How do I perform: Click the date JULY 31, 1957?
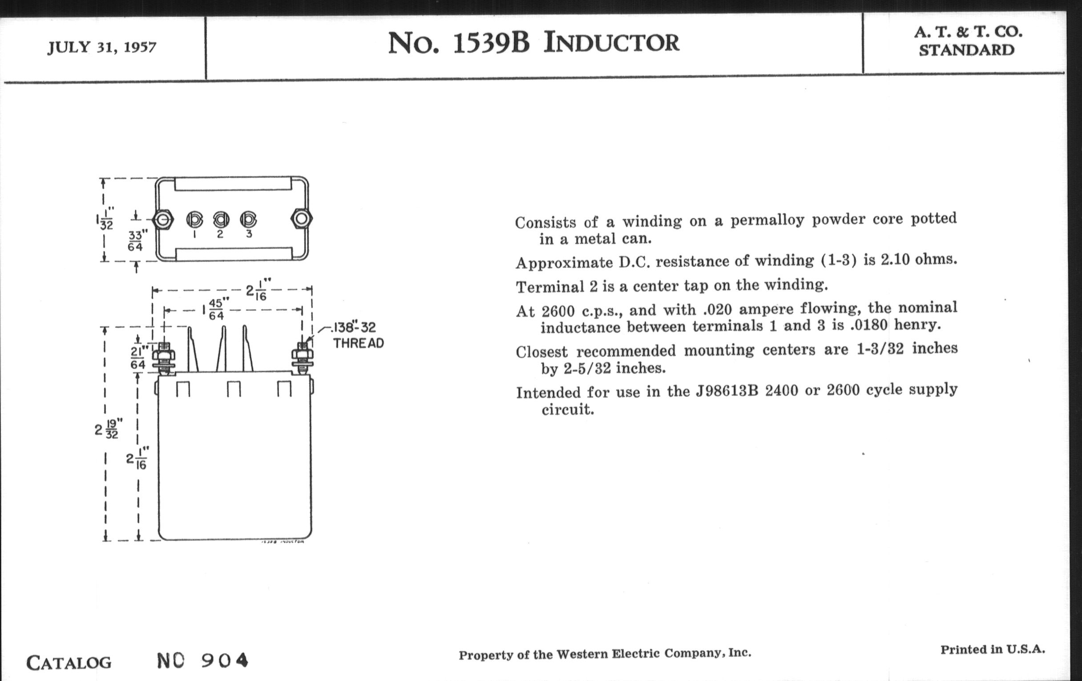(102, 47)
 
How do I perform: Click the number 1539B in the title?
(491, 43)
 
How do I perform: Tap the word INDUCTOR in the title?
(612, 43)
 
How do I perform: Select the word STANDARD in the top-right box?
(966, 50)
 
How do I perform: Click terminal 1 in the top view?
(194, 219)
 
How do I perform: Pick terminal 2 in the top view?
(221, 219)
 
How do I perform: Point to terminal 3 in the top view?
(249, 219)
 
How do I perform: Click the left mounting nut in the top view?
(163, 219)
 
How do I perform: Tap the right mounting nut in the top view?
(302, 219)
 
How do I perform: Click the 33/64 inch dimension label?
(136, 241)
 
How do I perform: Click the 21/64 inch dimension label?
(139, 357)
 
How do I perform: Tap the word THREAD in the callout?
(359, 344)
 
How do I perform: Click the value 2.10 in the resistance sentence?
(895, 259)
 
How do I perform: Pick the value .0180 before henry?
(869, 324)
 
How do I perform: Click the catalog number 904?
(225, 661)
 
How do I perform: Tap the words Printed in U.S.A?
(993, 649)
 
